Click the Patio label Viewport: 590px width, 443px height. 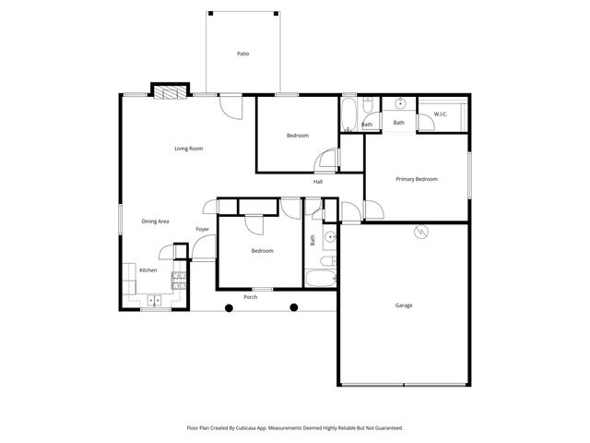click(x=243, y=54)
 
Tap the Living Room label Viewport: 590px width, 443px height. click(x=189, y=149)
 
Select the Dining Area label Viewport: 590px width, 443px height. click(x=155, y=221)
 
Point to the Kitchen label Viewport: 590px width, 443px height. click(x=147, y=270)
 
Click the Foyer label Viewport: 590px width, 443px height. click(x=203, y=229)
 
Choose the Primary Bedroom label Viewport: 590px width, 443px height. click(x=416, y=179)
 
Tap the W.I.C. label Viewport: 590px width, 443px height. click(x=441, y=114)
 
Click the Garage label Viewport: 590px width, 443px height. click(x=404, y=305)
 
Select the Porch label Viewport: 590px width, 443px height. click(x=250, y=297)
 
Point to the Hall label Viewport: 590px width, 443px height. click(x=317, y=182)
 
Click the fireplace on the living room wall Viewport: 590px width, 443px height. click(x=166, y=90)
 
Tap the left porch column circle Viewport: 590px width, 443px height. click(x=227, y=307)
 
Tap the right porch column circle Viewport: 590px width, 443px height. click(x=294, y=307)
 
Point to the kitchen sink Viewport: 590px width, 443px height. click(x=153, y=299)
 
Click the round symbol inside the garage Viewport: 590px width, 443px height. click(x=421, y=233)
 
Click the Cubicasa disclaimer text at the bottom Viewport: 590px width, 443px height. click(x=295, y=427)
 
